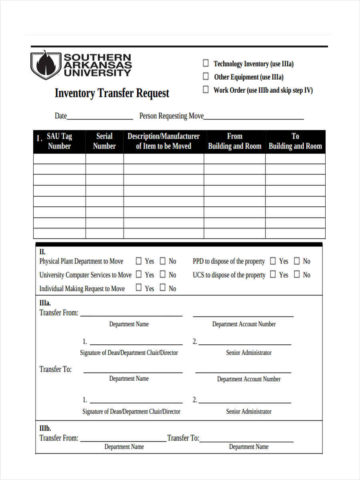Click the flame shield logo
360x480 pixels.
[46, 65]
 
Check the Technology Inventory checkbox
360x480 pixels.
[206, 63]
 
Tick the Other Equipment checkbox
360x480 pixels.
[206, 76]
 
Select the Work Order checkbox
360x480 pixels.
[206, 90]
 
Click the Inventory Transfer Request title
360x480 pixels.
[112, 93]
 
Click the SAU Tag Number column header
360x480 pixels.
[59, 141]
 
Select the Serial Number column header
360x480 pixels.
[104, 141]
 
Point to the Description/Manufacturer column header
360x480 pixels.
[163, 141]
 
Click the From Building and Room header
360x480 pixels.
[234, 141]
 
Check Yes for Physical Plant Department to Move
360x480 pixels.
[139, 261]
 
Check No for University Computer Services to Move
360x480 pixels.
[163, 274]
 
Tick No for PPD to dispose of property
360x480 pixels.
[297, 261]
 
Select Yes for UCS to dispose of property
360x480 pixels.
[273, 274]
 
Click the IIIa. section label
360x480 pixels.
[45, 303]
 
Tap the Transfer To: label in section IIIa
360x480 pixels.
[56, 369]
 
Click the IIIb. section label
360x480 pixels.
[45, 428]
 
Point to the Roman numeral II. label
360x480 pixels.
[42, 252]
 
